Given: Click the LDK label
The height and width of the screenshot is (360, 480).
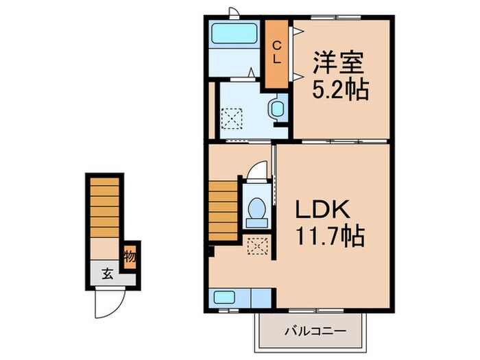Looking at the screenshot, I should click(323, 210).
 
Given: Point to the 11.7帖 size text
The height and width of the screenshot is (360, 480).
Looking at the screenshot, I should click(329, 239).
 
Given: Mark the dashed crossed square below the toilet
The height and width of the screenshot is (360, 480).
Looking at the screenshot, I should click(258, 245).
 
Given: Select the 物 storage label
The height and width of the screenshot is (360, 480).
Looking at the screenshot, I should click(130, 258).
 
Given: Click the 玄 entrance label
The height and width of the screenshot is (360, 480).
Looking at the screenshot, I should click(108, 274).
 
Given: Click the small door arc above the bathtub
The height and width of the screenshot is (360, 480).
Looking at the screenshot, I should click(234, 12).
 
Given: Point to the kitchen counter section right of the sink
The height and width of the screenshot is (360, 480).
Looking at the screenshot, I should click(260, 298).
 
